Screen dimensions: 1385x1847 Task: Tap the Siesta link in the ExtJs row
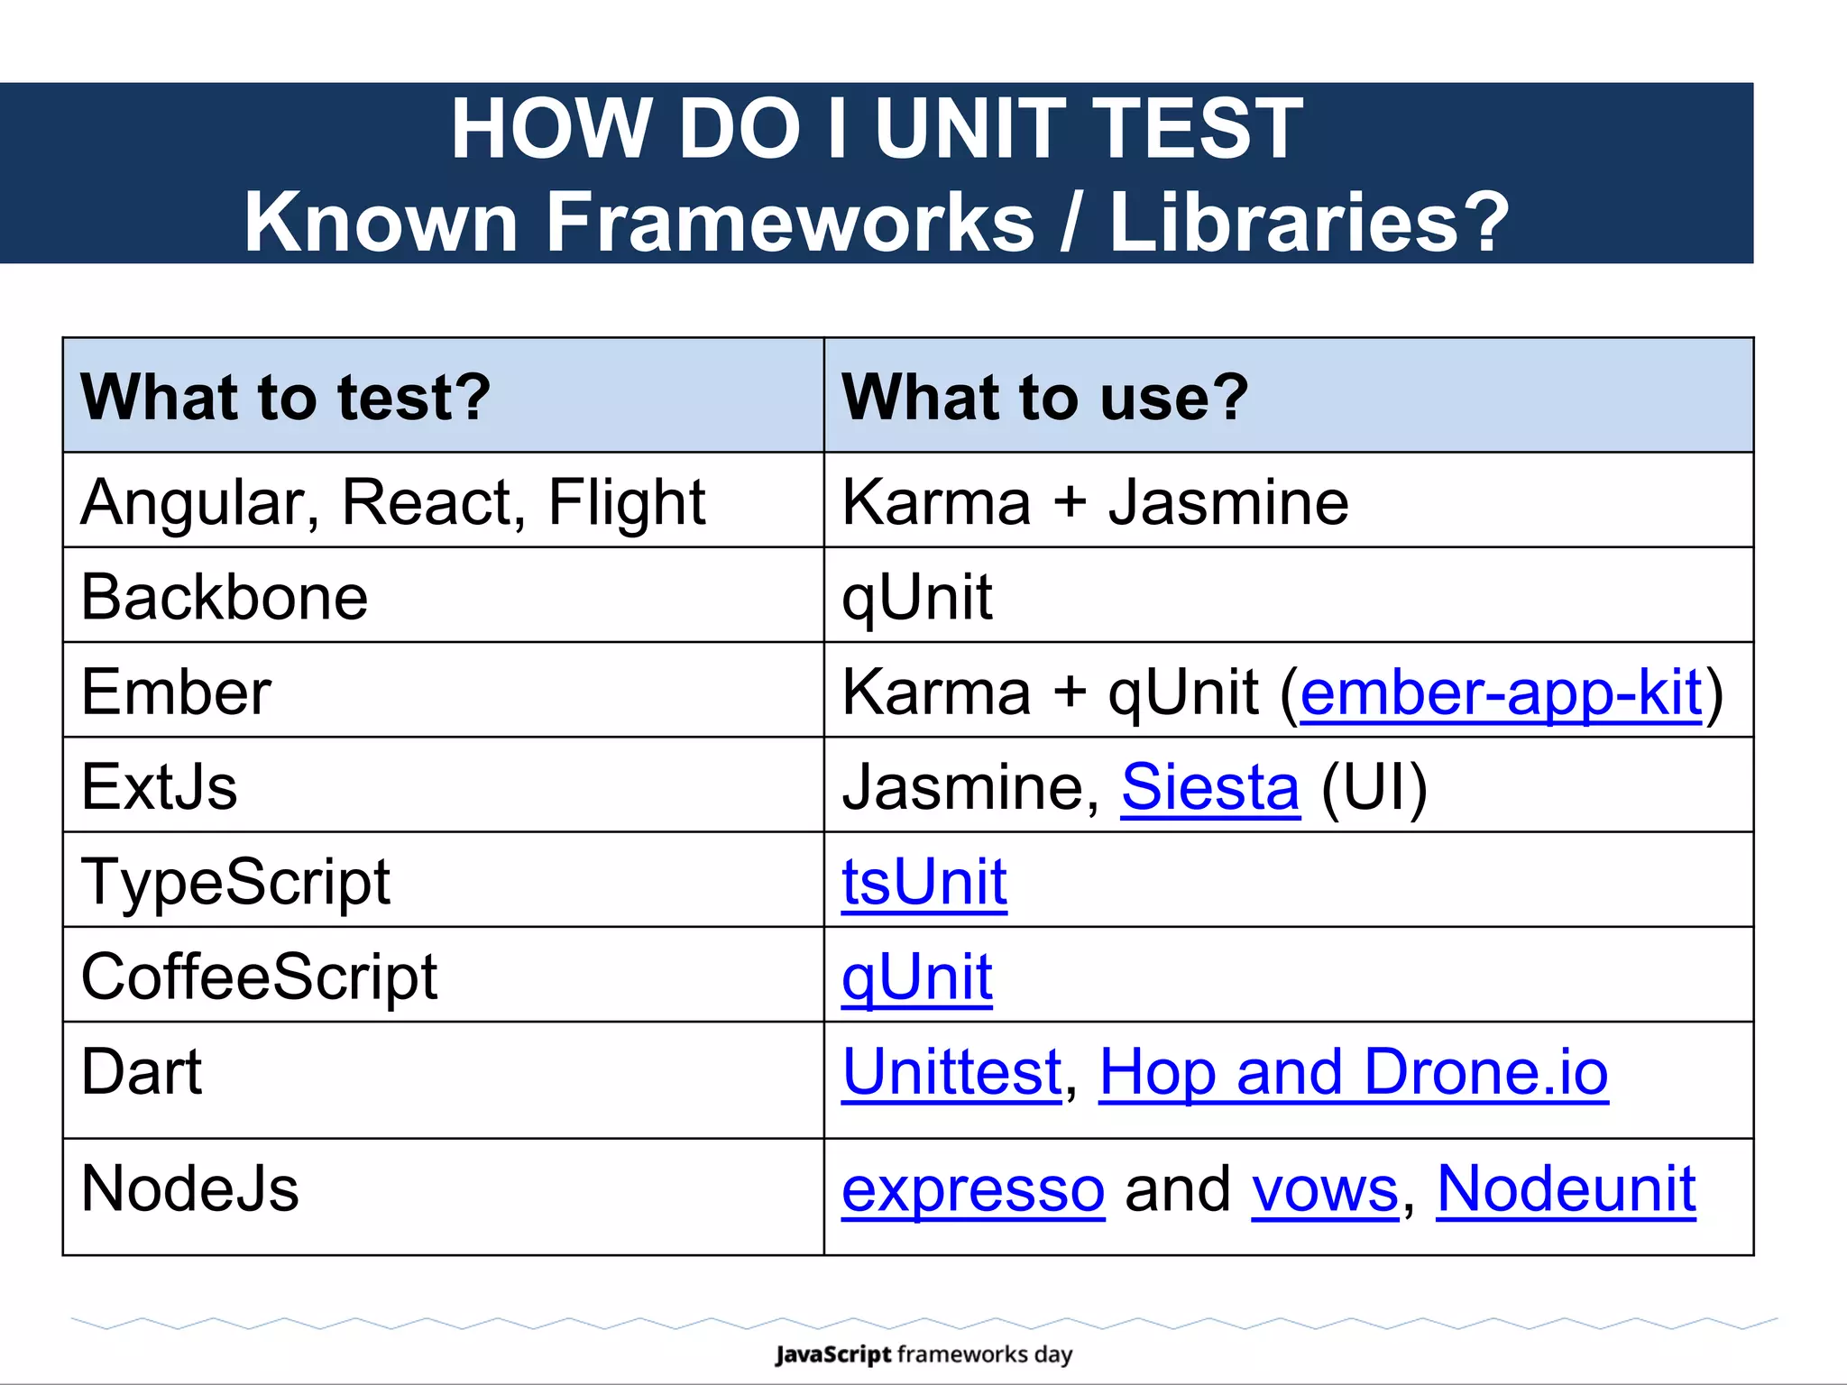tap(1210, 787)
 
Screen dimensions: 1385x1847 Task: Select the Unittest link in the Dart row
tap(952, 1072)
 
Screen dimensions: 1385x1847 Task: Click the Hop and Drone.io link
tap(1353, 1072)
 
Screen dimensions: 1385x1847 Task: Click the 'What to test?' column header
tap(286, 397)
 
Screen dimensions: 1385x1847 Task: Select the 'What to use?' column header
tap(1045, 397)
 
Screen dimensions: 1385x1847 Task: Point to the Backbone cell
tap(225, 597)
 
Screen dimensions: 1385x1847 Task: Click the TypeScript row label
tap(235, 881)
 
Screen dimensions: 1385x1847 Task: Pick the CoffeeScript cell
tap(259, 977)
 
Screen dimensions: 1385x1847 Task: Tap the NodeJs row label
tap(189, 1188)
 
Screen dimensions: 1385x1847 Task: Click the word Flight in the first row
tap(626, 502)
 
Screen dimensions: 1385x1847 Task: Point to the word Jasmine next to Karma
tap(1228, 502)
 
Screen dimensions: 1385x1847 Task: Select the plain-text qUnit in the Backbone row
tap(917, 597)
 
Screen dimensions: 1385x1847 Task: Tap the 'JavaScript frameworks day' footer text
tap(923, 1354)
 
